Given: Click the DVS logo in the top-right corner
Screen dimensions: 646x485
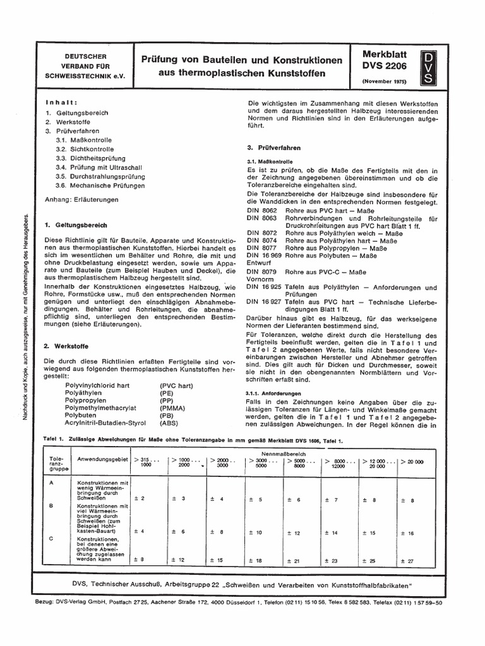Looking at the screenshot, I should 428,69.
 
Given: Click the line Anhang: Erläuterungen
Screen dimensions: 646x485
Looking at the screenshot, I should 81,200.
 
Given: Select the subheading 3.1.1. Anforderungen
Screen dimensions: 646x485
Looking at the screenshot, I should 272,392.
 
